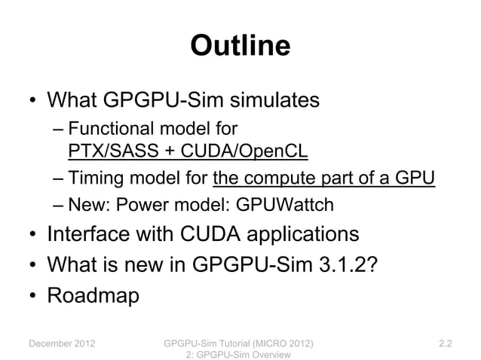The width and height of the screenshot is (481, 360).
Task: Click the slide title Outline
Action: click(240, 46)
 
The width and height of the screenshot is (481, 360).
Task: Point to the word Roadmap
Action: click(93, 294)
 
